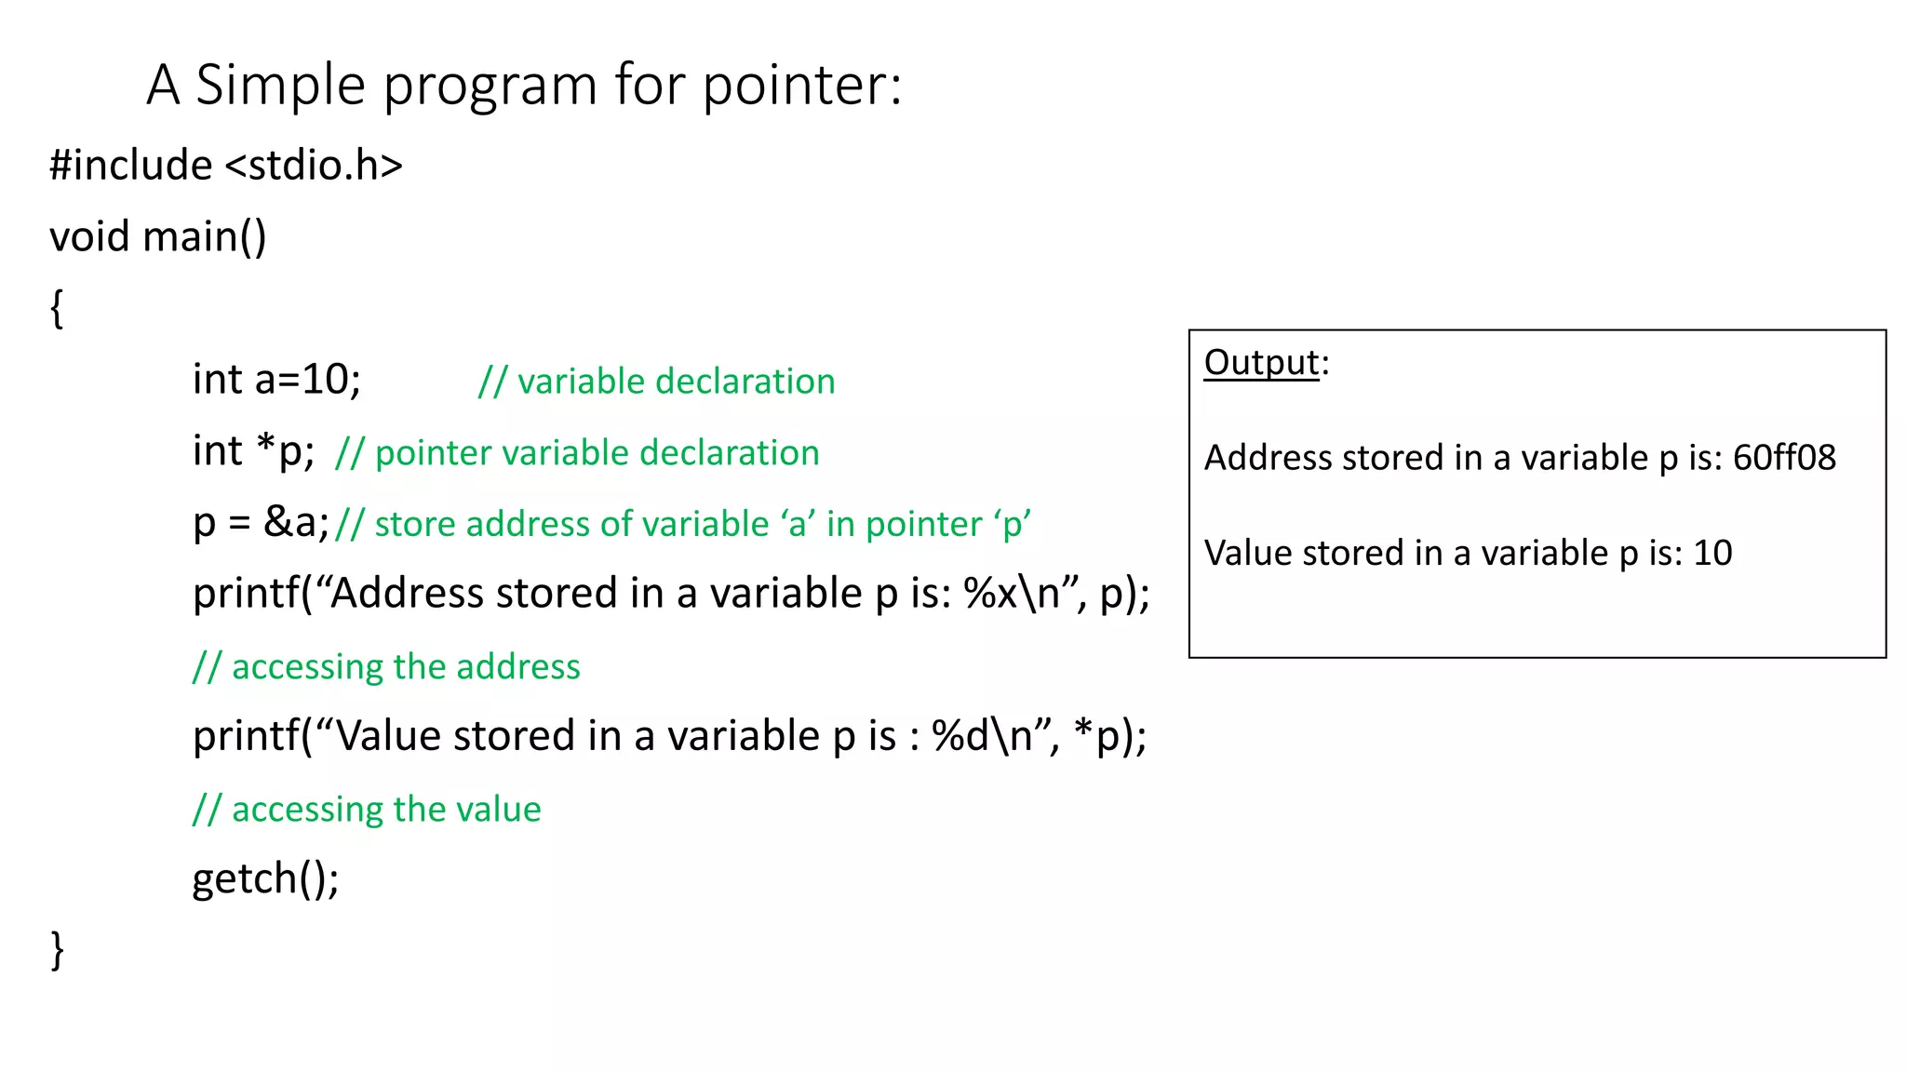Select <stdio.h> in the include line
point(314,166)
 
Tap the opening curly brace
point(57,308)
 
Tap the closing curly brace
point(57,950)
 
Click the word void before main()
point(89,236)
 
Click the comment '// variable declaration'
point(656,382)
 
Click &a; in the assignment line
point(296,522)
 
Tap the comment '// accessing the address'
point(386,667)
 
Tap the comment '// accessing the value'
point(367,810)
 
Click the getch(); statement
point(265,878)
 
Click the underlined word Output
point(1261,363)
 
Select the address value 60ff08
point(1784,458)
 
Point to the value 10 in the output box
point(1712,554)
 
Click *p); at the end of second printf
point(1109,736)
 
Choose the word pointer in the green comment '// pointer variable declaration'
point(433,453)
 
